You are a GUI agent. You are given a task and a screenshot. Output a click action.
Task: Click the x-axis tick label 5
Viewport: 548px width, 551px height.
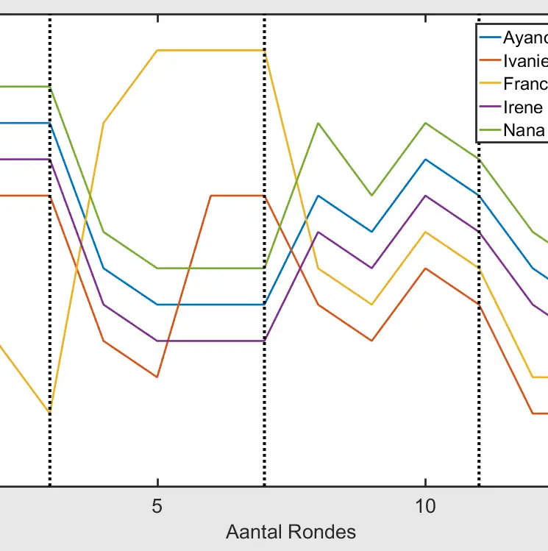157,507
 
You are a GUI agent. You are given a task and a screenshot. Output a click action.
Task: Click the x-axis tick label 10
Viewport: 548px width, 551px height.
425,507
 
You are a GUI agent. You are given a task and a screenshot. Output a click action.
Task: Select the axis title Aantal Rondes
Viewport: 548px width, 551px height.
291,532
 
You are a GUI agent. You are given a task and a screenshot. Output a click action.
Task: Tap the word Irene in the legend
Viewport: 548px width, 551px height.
523,107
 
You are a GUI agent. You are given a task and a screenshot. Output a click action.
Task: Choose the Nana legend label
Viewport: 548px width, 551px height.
524,130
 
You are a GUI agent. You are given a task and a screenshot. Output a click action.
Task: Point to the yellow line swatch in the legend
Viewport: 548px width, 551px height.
490,84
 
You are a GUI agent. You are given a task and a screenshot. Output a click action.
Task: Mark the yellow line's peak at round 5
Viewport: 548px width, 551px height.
157,50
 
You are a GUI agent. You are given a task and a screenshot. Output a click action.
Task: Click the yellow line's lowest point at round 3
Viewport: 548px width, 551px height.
50,413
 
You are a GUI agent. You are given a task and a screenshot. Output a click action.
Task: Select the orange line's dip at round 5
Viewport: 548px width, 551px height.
157,377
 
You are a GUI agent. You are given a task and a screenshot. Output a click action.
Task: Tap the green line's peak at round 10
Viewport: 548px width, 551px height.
425,123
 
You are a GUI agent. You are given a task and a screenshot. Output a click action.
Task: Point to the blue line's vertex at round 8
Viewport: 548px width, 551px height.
318,196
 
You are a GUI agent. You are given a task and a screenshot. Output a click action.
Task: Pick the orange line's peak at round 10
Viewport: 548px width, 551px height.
425,269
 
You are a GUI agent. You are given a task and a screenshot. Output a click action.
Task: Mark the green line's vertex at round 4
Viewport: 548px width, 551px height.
104,232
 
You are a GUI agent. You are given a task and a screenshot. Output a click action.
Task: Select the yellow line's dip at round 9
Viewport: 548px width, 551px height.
371,304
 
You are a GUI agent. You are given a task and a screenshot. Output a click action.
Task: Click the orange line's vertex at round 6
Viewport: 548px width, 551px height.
211,196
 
